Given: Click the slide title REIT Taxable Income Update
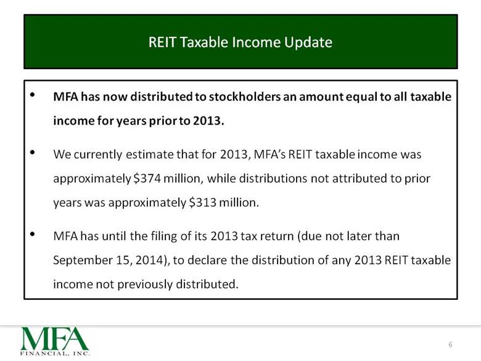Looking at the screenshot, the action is (240, 43).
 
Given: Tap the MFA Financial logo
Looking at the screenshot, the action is (55, 341).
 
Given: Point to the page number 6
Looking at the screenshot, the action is (450, 344).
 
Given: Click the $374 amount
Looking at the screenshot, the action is (147, 178).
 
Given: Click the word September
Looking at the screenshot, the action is (83, 260).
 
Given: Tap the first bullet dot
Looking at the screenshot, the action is (33, 95).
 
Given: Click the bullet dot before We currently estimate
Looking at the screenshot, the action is (33, 152).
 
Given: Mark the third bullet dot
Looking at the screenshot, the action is (33, 234).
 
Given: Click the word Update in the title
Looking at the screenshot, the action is (308, 43).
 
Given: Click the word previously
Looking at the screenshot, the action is (145, 284).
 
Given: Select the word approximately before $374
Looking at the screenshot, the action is (92, 179).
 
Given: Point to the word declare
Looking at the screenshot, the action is (207, 260).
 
